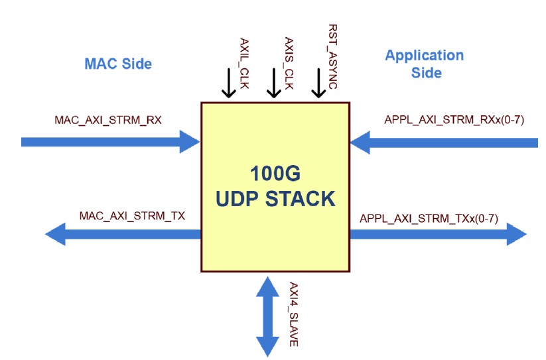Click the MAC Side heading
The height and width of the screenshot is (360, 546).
pyautogui.click(x=118, y=64)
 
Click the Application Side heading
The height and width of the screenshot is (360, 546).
pyautogui.click(x=425, y=64)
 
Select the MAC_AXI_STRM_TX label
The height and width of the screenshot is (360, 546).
pyautogui.click(x=132, y=215)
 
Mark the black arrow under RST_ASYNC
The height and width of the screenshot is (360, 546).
pyautogui.click(x=319, y=84)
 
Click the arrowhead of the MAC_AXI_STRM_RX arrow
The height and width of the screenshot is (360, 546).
pyautogui.click(x=190, y=141)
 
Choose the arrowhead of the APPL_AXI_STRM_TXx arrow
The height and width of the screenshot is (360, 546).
pyautogui.click(x=515, y=234)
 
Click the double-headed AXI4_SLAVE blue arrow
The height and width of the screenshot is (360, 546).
pyautogui.click(x=267, y=316)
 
